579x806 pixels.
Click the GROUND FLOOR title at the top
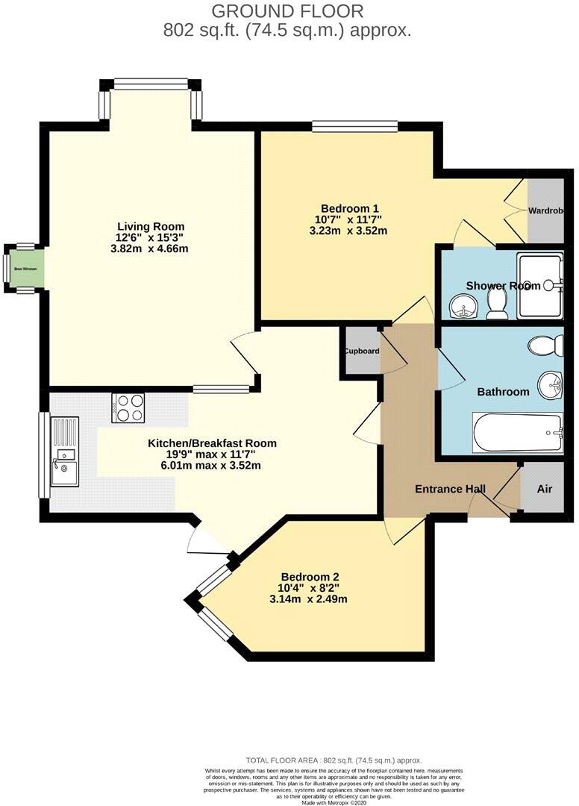[x=288, y=11]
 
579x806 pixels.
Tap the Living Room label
[x=150, y=227]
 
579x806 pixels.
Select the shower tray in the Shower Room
[x=540, y=285]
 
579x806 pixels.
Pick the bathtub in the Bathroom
[x=516, y=433]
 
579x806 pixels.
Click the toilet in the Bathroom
[x=543, y=346]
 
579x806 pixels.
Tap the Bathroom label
[x=503, y=392]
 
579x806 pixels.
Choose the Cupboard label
[x=362, y=351]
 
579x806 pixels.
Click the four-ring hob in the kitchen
[x=128, y=407]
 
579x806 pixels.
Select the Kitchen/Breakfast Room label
[x=212, y=443]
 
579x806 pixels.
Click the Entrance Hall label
[x=450, y=490]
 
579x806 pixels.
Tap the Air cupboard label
[x=545, y=489]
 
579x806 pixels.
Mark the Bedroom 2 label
[x=310, y=577]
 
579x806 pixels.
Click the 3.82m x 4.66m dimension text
[x=150, y=249]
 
